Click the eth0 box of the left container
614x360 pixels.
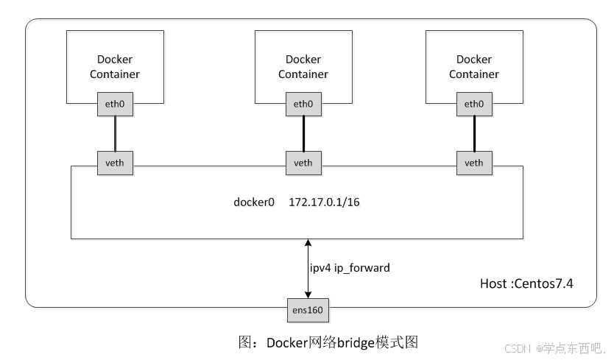pyautogui.click(x=115, y=105)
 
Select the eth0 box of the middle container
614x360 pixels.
pyautogui.click(x=303, y=105)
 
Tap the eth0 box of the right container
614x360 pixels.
pyautogui.click(x=474, y=105)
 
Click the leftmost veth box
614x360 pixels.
pyautogui.click(x=115, y=163)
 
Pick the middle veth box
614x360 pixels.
pyautogui.click(x=303, y=163)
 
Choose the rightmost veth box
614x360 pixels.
pyautogui.click(x=474, y=163)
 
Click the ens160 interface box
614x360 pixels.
pyautogui.click(x=308, y=310)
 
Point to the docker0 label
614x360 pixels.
pyautogui.click(x=254, y=202)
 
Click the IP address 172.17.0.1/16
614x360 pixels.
pyautogui.click(x=324, y=202)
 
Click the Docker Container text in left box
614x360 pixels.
pyautogui.click(x=115, y=66)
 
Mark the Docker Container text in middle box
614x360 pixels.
pyautogui.click(x=303, y=66)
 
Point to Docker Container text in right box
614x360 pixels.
pyautogui.click(x=474, y=66)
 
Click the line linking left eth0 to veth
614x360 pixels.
pyautogui.click(x=115, y=133)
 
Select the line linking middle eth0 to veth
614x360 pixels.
pyautogui.click(x=303, y=133)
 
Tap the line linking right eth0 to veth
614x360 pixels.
pyautogui.click(x=474, y=133)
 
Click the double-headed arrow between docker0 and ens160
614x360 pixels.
pyautogui.click(x=308, y=269)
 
